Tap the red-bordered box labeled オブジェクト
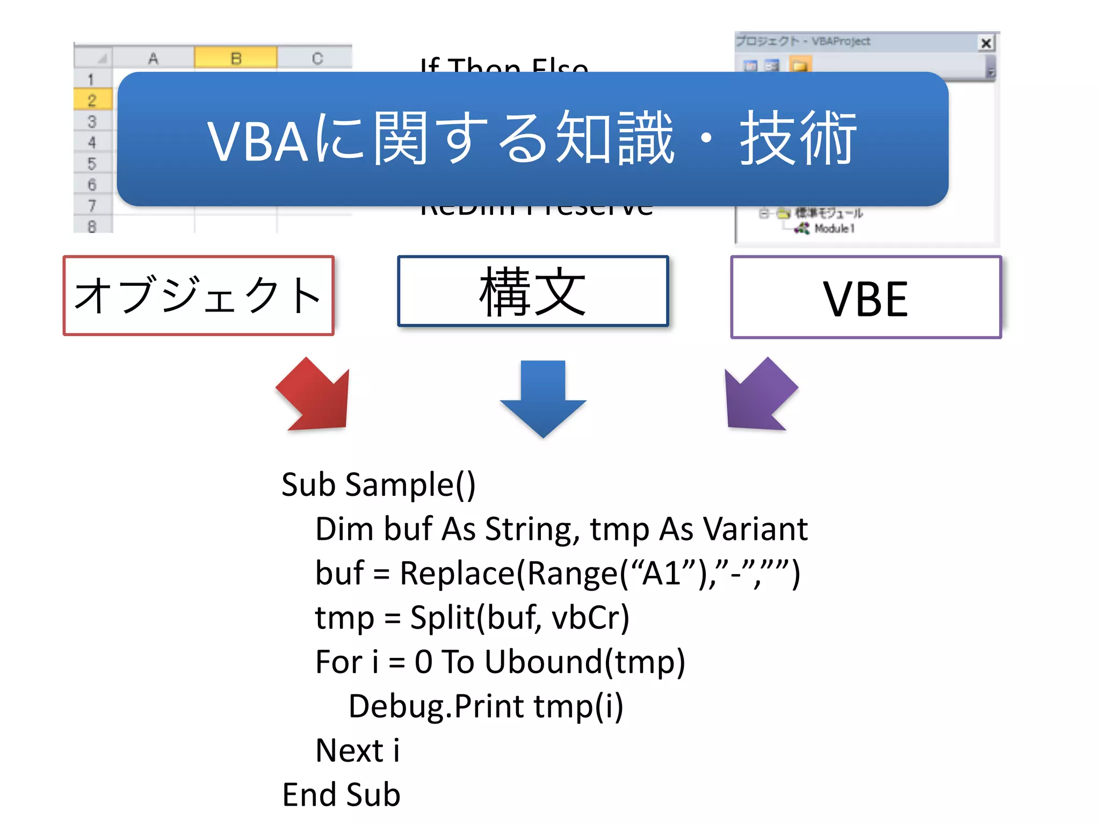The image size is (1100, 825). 199,295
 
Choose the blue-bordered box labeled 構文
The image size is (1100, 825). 533,291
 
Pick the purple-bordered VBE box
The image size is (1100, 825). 866,298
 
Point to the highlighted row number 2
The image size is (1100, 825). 92,100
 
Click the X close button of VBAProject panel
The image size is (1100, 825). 986,43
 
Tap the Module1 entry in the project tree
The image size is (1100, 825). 834,229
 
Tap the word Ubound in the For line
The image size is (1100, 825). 543,662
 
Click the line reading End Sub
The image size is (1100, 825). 342,795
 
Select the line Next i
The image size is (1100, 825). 358,750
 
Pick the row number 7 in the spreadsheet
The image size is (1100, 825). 92,205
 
